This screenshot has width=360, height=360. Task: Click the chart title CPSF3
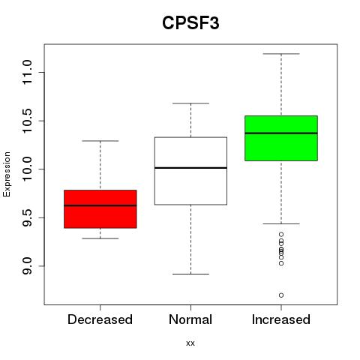(190, 23)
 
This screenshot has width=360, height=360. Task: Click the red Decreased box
(100, 209)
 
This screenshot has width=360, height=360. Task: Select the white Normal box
(190, 171)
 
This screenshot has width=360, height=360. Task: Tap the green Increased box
(281, 138)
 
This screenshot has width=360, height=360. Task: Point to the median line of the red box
(100, 205)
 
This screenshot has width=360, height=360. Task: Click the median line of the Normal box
(190, 168)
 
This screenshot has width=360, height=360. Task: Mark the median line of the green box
(281, 133)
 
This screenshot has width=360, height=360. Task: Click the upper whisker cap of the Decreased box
(100, 141)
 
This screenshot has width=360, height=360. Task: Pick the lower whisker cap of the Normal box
(190, 274)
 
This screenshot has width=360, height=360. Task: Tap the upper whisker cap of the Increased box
(281, 54)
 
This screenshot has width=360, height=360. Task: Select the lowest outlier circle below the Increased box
(281, 295)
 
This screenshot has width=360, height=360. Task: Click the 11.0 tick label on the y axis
(27, 73)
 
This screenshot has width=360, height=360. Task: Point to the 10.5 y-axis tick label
(27, 121)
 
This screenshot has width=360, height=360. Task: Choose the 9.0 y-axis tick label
(27, 266)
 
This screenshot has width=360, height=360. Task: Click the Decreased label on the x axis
(100, 319)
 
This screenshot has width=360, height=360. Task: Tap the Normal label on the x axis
(190, 319)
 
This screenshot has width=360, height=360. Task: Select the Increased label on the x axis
(281, 319)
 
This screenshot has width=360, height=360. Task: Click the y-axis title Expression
(7, 175)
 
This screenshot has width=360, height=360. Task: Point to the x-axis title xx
(190, 343)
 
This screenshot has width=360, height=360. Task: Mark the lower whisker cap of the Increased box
(281, 223)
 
